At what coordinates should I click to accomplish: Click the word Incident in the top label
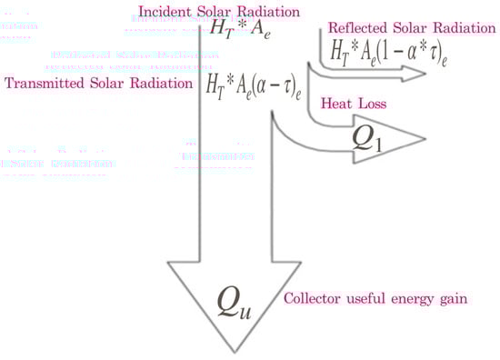pyautogui.click(x=161, y=11)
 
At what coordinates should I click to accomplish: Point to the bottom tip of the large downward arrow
pyautogui.click(x=235, y=353)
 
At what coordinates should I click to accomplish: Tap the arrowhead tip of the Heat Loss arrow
pyautogui.click(x=425, y=139)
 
